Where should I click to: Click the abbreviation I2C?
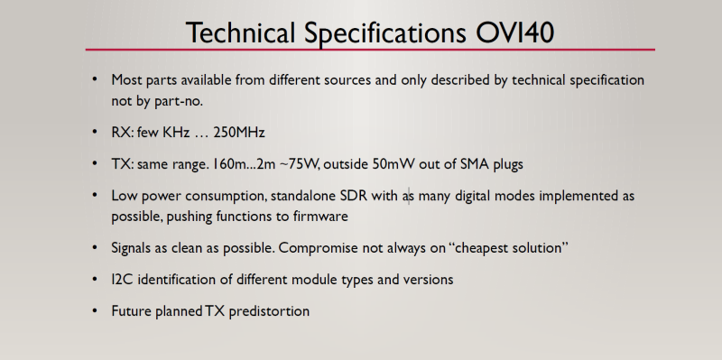tap(123, 280)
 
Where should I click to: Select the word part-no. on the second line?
tap(168, 101)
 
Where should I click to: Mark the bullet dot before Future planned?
tap(95, 311)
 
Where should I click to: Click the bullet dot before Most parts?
tap(95, 78)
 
